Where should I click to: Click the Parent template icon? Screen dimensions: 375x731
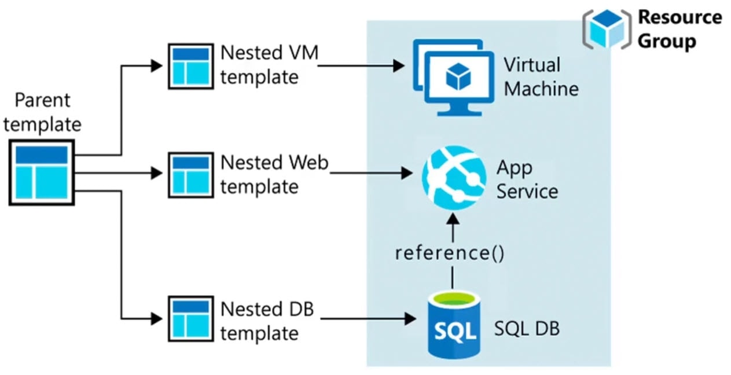(x=41, y=172)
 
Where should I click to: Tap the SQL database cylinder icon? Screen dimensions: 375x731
(x=455, y=325)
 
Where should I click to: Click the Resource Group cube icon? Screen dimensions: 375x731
(x=606, y=28)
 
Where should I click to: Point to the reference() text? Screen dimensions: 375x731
(x=450, y=253)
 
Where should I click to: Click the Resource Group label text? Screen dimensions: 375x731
(x=679, y=29)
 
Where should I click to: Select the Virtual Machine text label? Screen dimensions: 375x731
(x=541, y=76)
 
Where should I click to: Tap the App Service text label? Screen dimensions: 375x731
(x=527, y=179)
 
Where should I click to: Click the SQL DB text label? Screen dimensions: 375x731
(x=527, y=329)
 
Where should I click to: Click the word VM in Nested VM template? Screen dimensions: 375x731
(x=302, y=53)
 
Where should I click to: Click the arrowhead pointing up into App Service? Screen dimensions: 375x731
(x=453, y=218)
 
